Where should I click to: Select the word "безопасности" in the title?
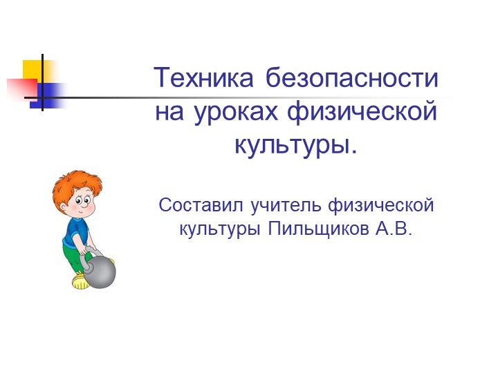coord(351,78)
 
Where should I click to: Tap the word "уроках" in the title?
coord(232,112)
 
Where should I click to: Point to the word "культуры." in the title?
coord(296,145)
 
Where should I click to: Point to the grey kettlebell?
coord(100,271)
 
